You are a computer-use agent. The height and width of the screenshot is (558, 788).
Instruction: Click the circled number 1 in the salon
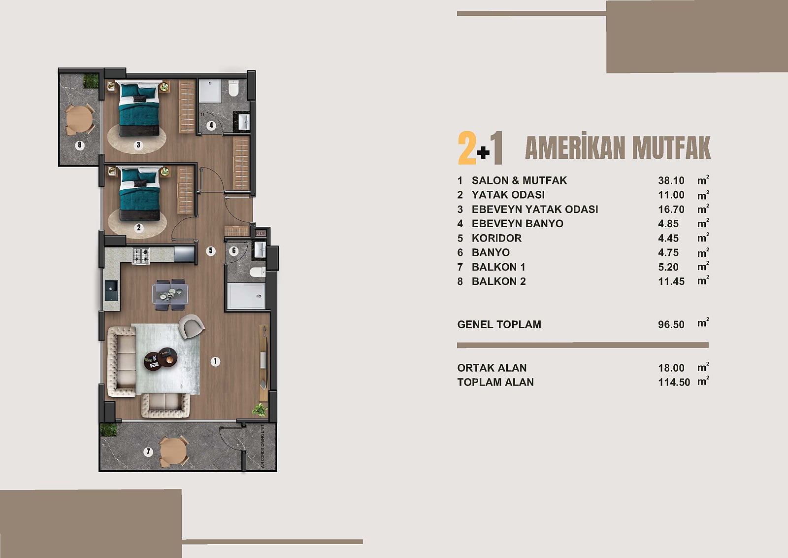215,361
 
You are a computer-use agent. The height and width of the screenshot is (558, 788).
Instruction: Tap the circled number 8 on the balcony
80,145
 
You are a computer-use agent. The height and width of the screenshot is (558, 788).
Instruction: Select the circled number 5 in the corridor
211,251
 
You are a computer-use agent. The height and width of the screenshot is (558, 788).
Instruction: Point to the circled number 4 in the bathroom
211,125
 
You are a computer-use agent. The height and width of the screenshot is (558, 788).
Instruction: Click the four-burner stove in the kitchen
141,256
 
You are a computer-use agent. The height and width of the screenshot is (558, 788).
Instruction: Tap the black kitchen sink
111,290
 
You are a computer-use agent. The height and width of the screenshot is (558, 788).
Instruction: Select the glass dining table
170,294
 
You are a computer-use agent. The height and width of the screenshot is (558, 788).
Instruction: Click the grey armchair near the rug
191,326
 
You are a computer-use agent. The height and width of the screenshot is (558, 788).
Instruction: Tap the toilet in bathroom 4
233,88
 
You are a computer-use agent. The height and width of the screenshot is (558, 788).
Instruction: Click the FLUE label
261,234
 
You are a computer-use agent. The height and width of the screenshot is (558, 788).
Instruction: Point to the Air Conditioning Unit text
263,447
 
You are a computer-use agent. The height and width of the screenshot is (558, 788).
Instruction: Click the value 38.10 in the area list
671,180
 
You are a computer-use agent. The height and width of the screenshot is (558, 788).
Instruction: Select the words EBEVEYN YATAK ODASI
535,209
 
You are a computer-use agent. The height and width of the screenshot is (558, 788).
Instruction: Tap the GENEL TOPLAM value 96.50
671,324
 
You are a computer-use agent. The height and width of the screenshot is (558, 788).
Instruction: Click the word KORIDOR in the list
496,238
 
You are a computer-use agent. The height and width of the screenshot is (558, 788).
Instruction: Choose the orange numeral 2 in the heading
467,148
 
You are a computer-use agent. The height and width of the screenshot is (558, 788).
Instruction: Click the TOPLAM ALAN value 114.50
674,383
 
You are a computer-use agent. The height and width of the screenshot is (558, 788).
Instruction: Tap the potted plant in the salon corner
260,410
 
